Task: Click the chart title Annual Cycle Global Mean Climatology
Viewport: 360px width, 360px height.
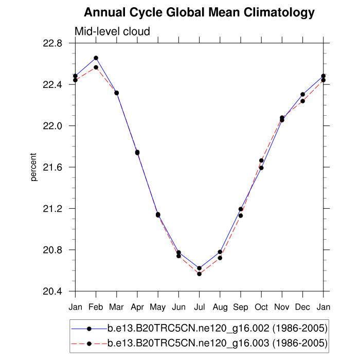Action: (199, 12)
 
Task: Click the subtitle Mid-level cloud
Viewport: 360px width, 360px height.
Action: (112, 31)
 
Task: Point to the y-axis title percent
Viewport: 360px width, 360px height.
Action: (34, 167)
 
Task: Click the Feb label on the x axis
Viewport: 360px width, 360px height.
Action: (96, 308)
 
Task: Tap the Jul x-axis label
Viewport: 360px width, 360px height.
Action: (199, 308)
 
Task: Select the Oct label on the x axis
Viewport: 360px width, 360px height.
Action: (261, 308)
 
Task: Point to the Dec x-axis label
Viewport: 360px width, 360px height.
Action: (302, 308)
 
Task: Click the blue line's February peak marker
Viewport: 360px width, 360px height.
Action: (96, 58)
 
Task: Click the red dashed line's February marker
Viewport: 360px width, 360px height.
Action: (96, 67)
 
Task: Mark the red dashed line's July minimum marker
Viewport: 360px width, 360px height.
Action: (199, 274)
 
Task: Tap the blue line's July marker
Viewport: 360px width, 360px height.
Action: (199, 268)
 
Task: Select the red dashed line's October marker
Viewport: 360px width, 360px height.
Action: (261, 160)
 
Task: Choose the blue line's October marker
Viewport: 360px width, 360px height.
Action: (261, 168)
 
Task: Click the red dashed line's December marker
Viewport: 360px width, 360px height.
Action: (302, 101)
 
